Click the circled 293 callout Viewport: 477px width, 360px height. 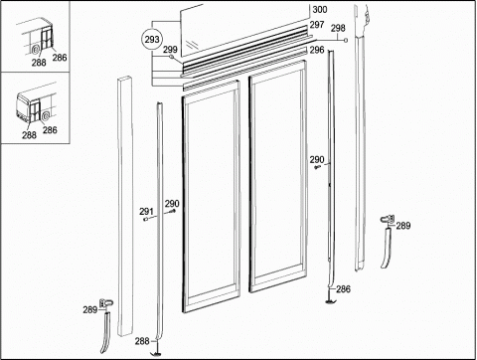[x=152, y=40]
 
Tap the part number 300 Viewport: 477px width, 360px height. [x=320, y=10]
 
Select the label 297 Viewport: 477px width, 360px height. [x=317, y=25]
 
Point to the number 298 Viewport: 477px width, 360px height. [x=338, y=28]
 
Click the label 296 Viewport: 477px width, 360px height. [x=317, y=50]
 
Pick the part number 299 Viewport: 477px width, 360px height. [x=170, y=50]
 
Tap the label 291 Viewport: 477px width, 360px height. [x=146, y=211]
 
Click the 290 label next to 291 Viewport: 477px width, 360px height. [x=172, y=204]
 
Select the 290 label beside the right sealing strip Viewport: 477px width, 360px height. [x=317, y=160]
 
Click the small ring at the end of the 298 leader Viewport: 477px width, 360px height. [x=346, y=41]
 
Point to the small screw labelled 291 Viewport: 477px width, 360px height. [x=145, y=219]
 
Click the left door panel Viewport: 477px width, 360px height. [x=211, y=196]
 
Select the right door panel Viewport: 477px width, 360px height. [x=278, y=176]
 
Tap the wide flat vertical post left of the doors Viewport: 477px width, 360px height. [x=124, y=207]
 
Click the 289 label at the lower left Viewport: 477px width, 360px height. [x=90, y=310]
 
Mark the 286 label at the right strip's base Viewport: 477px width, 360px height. [x=343, y=289]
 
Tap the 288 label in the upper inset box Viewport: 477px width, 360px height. [x=39, y=63]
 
